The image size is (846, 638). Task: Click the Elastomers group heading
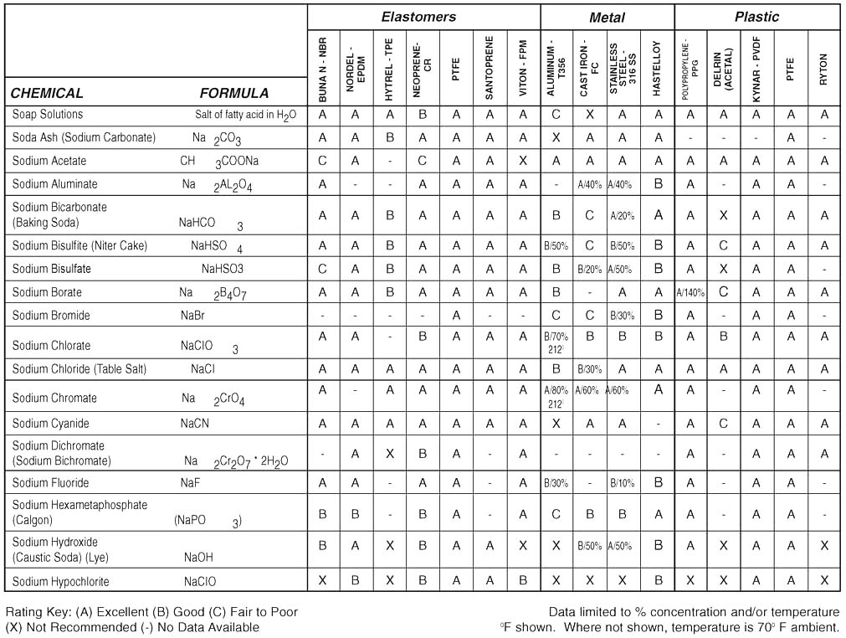418,17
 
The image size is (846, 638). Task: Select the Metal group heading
607,17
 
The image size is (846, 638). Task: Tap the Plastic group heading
756,17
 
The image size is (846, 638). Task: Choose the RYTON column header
824,64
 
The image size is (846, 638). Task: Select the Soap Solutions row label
48,115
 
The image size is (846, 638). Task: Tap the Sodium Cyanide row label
51,424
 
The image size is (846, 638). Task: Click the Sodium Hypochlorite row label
61,581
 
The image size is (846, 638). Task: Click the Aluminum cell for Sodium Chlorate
556,345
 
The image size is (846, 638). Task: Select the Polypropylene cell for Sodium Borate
690,293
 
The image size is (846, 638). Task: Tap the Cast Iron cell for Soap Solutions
590,115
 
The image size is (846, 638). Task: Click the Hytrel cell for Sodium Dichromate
389,453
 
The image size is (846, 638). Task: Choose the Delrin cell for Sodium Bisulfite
724,245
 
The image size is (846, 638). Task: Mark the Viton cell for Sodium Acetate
523,161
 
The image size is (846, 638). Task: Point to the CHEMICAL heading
47,94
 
